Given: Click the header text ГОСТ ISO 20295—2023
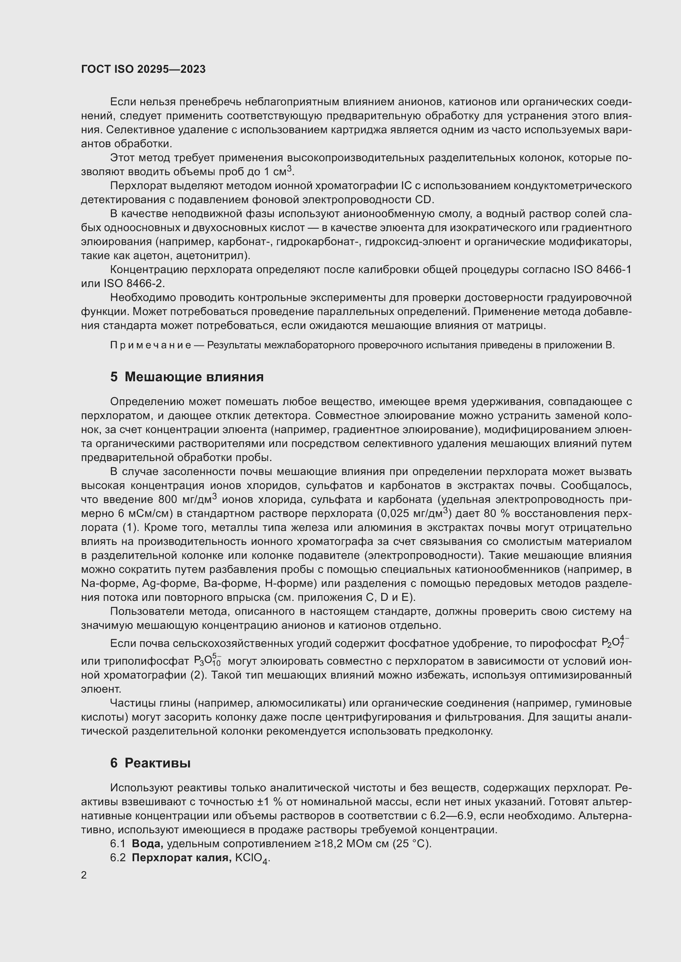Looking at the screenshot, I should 143,69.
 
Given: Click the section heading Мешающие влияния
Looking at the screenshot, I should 194,377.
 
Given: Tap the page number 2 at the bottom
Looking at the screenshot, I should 84,875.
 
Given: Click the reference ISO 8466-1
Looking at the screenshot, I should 602,269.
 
